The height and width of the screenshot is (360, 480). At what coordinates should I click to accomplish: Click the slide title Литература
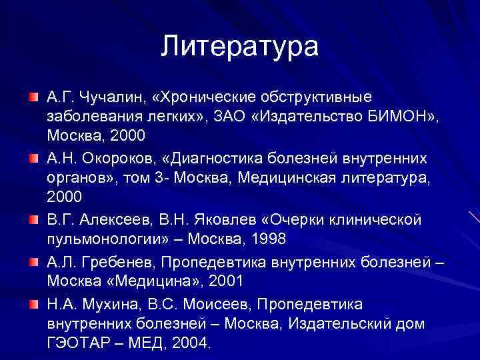pos(239,46)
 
